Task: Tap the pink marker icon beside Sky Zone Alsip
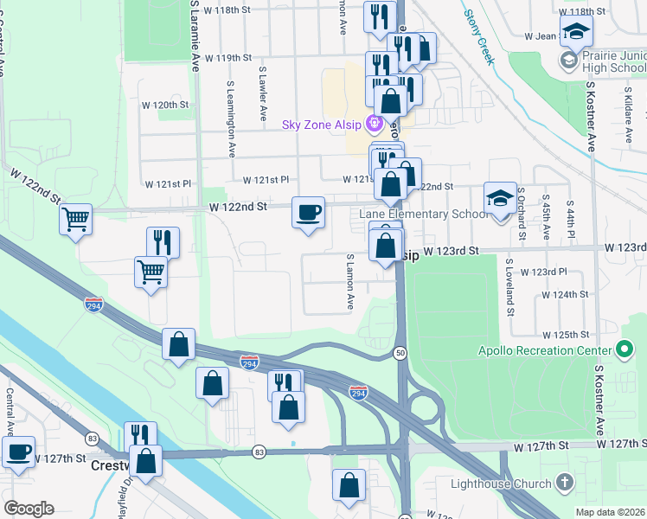tap(374, 124)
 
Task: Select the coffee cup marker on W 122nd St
tap(308, 213)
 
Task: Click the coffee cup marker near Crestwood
tap(18, 452)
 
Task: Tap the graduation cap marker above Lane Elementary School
tap(500, 199)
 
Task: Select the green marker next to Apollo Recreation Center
tap(624, 351)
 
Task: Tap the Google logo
tap(29, 509)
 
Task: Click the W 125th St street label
tap(566, 334)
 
